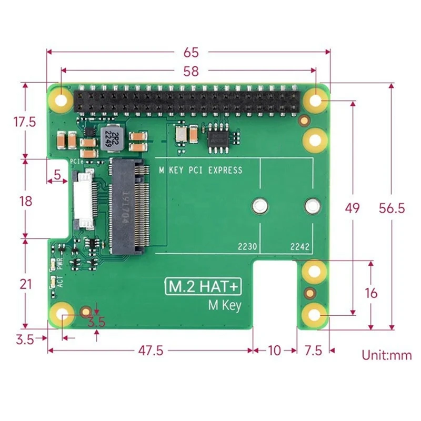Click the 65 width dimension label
point(191,52)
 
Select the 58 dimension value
point(191,71)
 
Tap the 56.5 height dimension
point(392,208)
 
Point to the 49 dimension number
point(352,208)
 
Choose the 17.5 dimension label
point(25,122)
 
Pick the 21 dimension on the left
point(25,285)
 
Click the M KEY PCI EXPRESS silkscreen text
point(201,170)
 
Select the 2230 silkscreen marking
point(247,246)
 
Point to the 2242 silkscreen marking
point(300,246)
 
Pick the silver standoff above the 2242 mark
point(312,206)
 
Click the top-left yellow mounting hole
point(62,98)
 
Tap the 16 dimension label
point(371,293)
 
